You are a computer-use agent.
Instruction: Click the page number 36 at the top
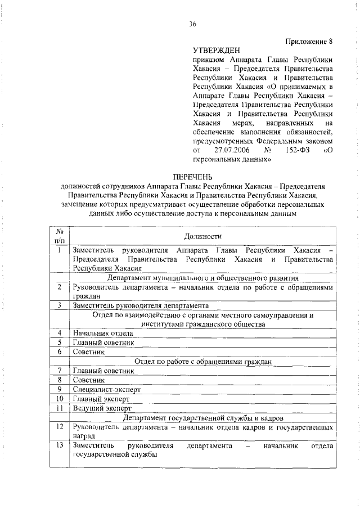tap(192, 24)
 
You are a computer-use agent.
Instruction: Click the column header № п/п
tap(59, 236)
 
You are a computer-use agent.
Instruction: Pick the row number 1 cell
tap(59, 250)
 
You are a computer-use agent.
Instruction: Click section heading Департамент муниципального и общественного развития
tap(202, 278)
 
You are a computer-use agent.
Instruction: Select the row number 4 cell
tap(59, 333)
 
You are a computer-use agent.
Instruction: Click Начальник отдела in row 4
tap(103, 333)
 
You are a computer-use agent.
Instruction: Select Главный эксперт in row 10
tap(101, 399)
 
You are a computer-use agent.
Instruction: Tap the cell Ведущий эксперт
tap(102, 408)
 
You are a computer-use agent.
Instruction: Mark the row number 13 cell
tap(59, 446)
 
